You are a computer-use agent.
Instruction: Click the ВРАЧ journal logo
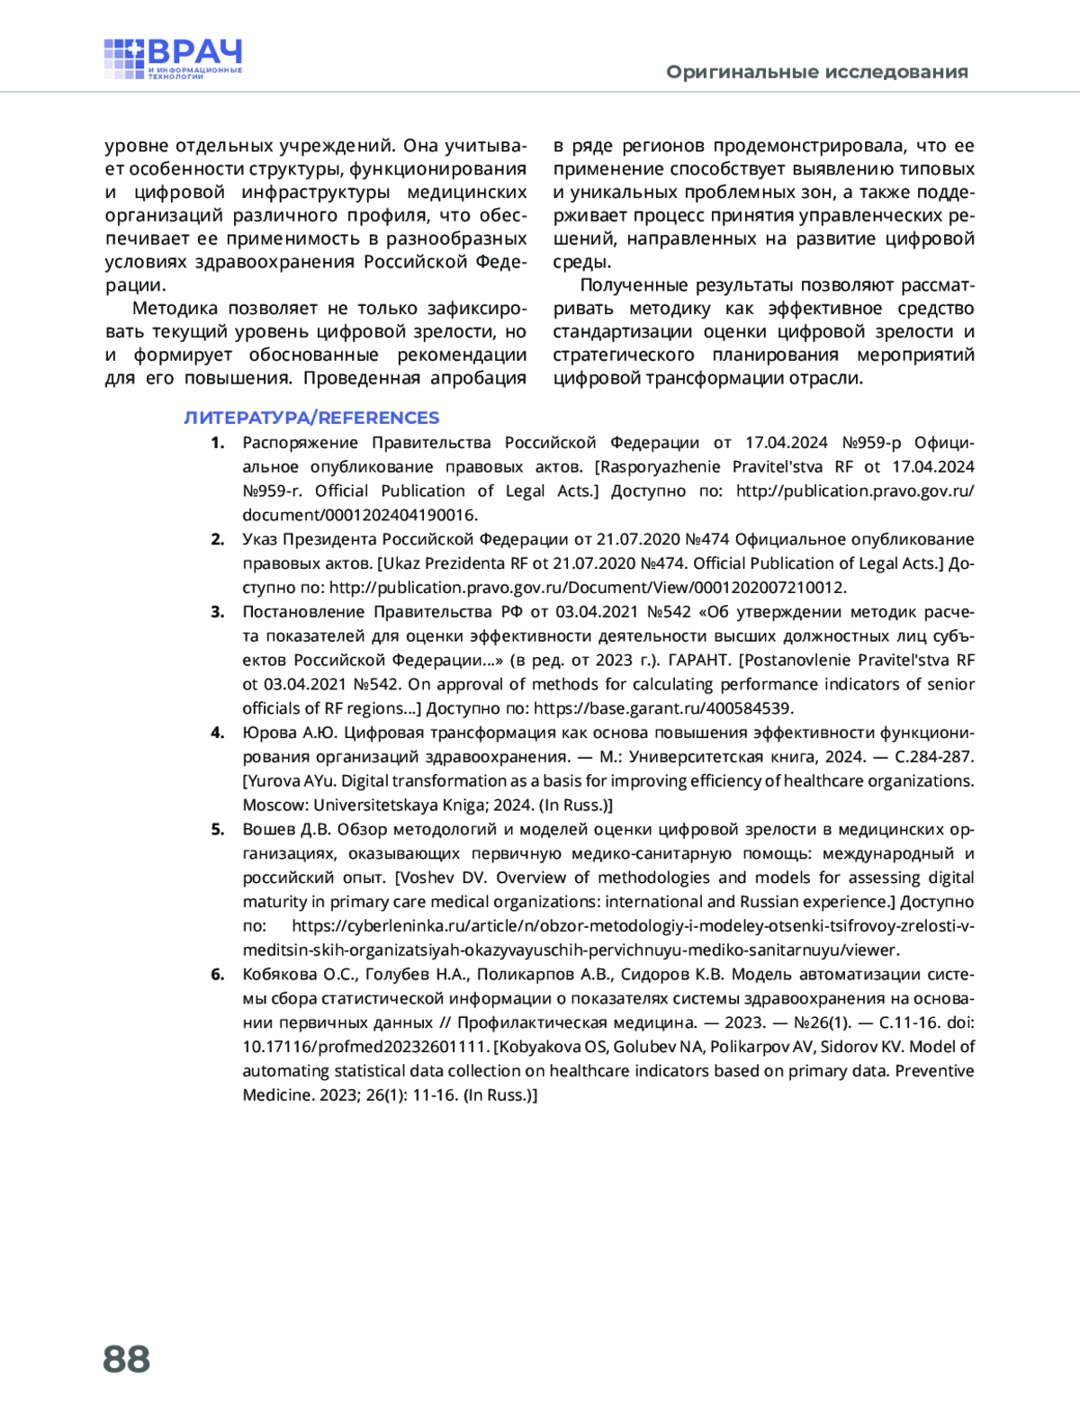173,59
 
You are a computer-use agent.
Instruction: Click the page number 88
127,1358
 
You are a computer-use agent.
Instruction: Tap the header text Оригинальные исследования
817,72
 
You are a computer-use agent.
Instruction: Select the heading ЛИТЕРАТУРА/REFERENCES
311,418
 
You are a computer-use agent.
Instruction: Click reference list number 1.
217,443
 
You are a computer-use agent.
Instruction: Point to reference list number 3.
217,612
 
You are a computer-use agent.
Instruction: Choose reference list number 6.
217,974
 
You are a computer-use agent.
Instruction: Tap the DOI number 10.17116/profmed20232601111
365,1047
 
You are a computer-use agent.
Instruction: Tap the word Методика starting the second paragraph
175,309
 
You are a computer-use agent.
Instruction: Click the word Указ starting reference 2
260,539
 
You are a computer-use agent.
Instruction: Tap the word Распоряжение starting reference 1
301,443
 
